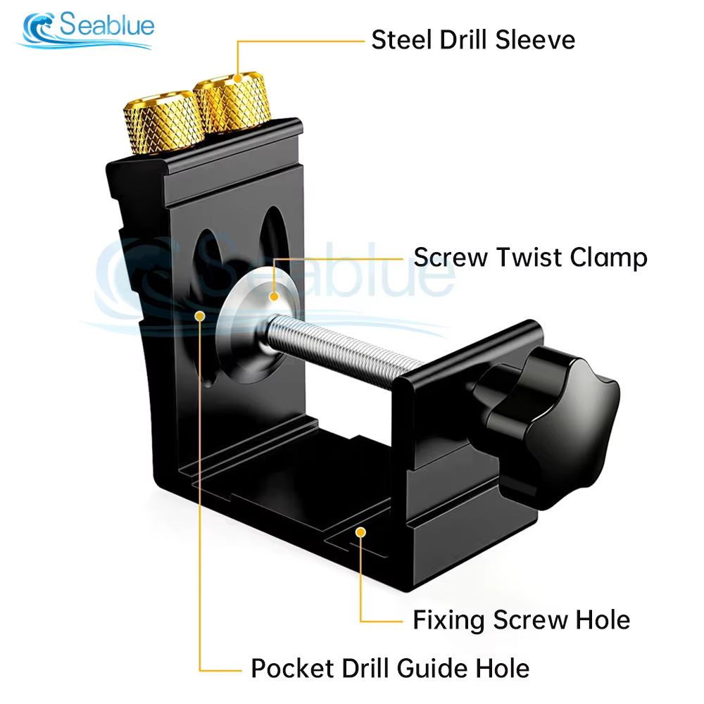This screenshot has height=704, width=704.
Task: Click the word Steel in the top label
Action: pos(402,40)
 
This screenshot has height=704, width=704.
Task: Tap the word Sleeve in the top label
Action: pos(535,40)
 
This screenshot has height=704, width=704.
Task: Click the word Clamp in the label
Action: pos(609,258)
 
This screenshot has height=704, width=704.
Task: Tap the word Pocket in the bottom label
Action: pos(292,669)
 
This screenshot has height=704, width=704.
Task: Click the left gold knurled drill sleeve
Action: pos(163,122)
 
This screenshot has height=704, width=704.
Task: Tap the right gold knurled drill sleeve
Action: pos(232,102)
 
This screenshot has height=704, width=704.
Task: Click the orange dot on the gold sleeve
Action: pos(238,79)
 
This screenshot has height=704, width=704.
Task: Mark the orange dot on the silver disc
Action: pos(274,296)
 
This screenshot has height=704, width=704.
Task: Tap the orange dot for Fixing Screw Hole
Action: pos(360,532)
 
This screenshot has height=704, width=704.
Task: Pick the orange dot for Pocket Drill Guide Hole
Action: pos(200,317)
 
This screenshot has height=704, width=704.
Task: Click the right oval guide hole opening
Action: pos(273,237)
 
